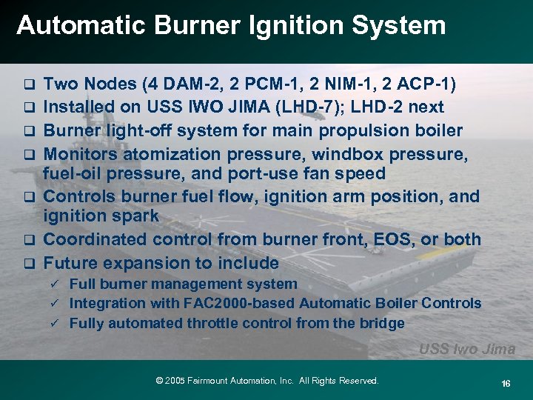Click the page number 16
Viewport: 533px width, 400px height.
click(506, 383)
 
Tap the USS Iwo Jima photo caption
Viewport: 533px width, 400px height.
click(467, 349)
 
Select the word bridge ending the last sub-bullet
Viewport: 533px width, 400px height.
click(383, 323)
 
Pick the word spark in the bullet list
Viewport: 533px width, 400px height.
click(135, 216)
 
